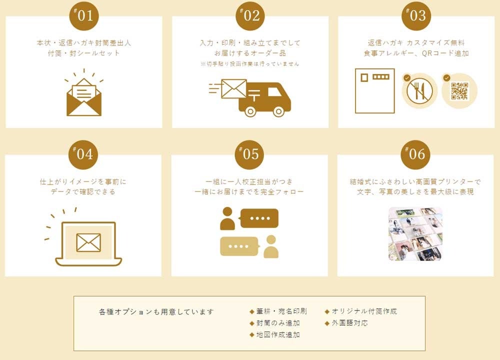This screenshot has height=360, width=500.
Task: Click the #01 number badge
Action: pyautogui.click(x=84, y=16)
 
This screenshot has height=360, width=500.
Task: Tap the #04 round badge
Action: pyautogui.click(x=83, y=154)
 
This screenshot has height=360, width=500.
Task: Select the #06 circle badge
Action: pyautogui.click(x=415, y=154)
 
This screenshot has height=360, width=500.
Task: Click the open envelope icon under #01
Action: pyautogui.click(x=84, y=97)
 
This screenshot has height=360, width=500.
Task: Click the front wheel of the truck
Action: pyautogui.click(x=278, y=111)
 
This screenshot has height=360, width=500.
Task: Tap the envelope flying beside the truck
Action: pyautogui.click(x=233, y=88)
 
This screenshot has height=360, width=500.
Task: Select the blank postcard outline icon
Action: pyautogui.click(x=375, y=91)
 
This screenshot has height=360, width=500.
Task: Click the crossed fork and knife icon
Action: pyautogui.click(x=419, y=91)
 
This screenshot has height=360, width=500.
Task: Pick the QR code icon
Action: pyautogui.click(x=459, y=91)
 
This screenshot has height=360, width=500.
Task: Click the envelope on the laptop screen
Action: pyautogui.click(x=88, y=242)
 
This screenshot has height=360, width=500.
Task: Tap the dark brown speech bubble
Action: pyautogui.click(x=259, y=218)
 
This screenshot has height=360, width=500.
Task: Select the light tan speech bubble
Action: pyautogui.click(x=239, y=246)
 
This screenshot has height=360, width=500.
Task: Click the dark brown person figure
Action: pyautogui.click(x=227, y=218)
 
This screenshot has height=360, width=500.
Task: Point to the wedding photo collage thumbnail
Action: pyautogui.click(x=415, y=233)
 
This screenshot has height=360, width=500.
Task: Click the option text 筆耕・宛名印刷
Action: pyautogui.click(x=281, y=311)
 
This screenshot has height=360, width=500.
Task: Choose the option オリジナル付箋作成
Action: pyautogui.click(x=364, y=311)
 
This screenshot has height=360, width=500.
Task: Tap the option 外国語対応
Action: pyautogui.click(x=349, y=323)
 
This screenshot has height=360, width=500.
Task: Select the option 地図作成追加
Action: pyautogui.click(x=278, y=335)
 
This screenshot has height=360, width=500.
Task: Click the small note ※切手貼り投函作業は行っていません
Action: pyautogui.click(x=250, y=64)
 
